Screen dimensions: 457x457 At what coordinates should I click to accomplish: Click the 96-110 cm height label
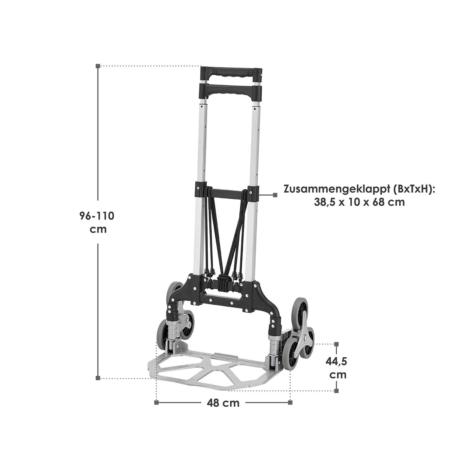tap(97, 222)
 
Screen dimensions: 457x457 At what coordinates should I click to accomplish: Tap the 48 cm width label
tap(223, 403)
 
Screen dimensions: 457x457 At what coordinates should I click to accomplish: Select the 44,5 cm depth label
tap(336, 368)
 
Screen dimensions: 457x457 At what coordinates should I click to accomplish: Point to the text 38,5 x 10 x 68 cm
tap(360, 202)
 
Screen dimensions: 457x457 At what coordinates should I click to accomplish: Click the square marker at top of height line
tap(98, 66)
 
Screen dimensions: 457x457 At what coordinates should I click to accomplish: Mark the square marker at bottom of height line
tap(98, 378)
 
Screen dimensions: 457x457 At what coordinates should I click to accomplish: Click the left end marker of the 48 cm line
tap(156, 403)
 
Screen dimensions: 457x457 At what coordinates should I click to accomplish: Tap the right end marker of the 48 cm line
tap(290, 403)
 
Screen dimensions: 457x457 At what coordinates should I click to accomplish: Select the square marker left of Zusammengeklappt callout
tap(275, 195)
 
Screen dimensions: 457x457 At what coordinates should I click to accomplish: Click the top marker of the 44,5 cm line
tap(336, 344)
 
